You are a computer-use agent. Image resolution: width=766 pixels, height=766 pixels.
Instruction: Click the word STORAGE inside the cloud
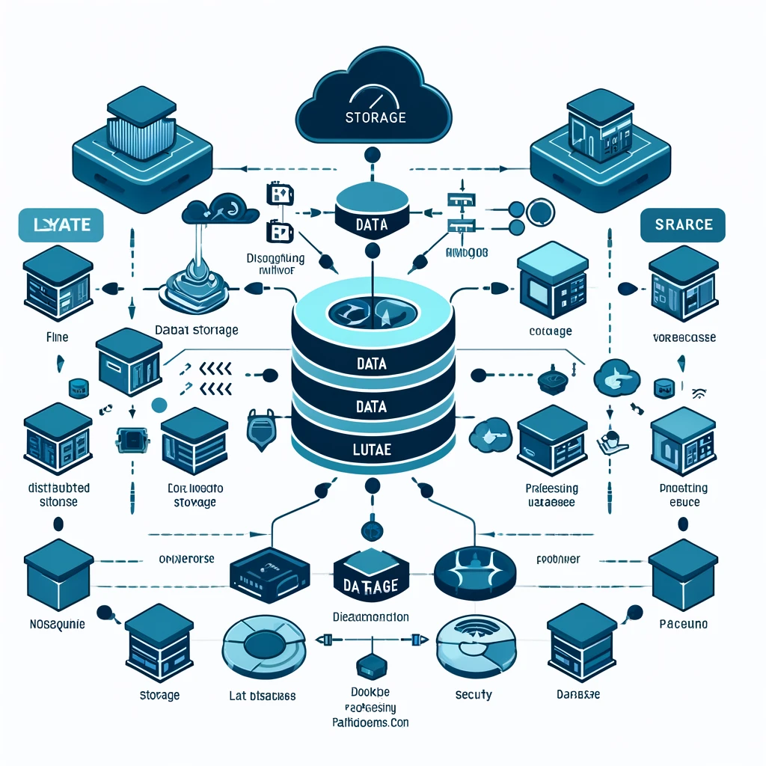(376, 117)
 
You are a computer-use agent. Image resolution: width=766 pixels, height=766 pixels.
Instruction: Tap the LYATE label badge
(60, 225)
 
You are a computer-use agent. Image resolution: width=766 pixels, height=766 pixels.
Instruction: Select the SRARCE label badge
(683, 224)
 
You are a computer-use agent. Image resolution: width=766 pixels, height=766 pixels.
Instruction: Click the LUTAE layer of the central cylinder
(372, 450)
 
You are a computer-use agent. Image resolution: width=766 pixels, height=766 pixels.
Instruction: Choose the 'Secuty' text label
(474, 695)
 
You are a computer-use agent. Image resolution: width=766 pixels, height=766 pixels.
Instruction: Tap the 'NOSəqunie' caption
(51, 622)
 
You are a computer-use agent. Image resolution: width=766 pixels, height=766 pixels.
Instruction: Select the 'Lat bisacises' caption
(261, 696)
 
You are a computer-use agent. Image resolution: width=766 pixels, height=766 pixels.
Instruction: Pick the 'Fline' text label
(58, 337)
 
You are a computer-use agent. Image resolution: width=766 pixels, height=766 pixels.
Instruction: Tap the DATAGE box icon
(371, 576)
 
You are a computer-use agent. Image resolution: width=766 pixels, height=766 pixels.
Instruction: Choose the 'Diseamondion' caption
(370, 617)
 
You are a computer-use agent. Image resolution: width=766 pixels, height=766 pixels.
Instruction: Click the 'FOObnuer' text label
(559, 558)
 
